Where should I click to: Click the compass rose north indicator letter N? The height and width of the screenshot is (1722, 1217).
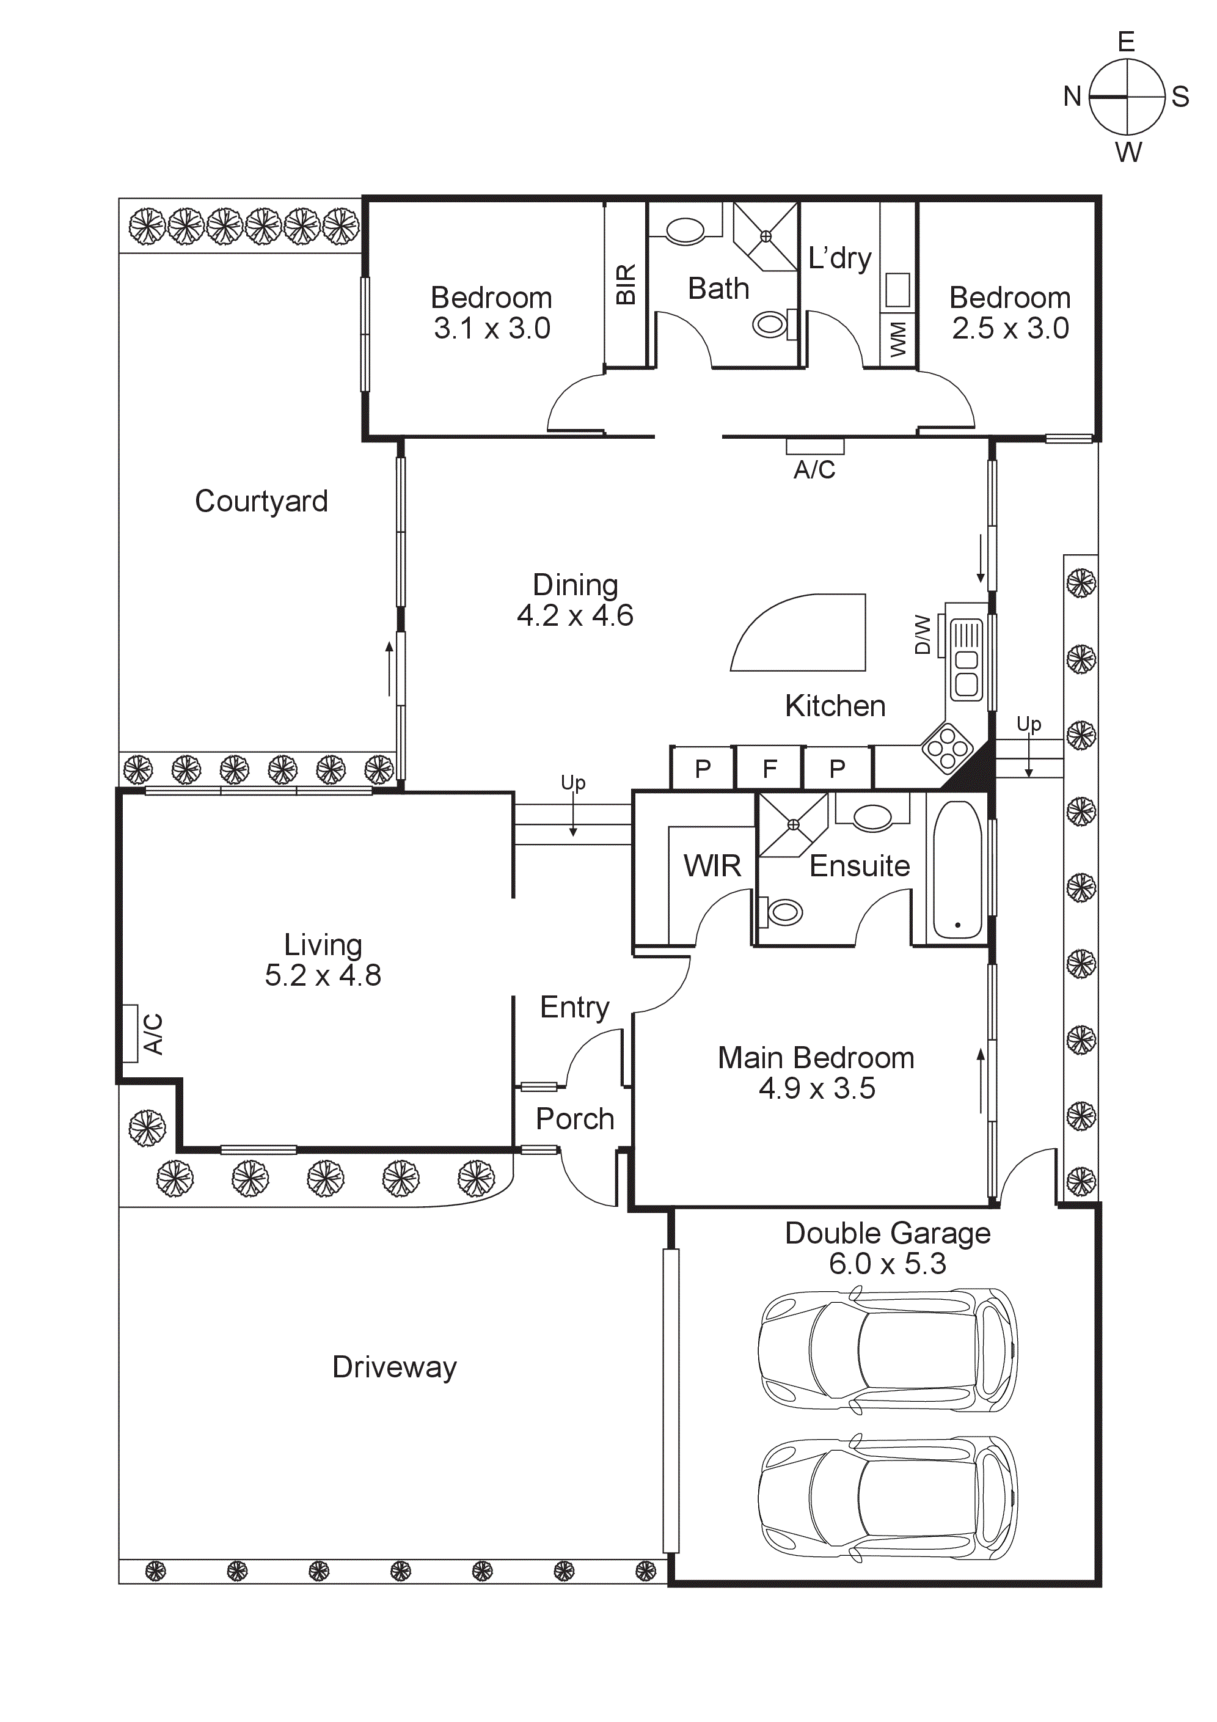pyautogui.click(x=1072, y=97)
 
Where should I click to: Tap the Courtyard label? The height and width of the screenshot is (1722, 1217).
pyautogui.click(x=261, y=501)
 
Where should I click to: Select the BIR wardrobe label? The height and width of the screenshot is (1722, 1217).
pyautogui.click(x=626, y=284)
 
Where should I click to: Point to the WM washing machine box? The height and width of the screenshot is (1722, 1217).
pyautogui.click(x=897, y=340)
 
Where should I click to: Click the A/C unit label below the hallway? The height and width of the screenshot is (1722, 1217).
pyautogui.click(x=814, y=469)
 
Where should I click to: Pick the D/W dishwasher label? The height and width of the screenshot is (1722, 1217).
pyautogui.click(x=923, y=634)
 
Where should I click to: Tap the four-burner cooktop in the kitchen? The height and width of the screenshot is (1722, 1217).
pyautogui.click(x=947, y=747)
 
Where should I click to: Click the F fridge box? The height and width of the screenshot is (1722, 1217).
pyautogui.click(x=769, y=769)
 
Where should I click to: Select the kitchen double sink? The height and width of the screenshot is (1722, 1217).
pyautogui.click(x=966, y=660)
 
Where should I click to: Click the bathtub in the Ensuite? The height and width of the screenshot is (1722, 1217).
pyautogui.click(x=957, y=870)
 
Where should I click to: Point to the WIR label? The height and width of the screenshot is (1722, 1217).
pyautogui.click(x=712, y=866)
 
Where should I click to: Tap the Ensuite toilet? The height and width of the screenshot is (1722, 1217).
pyautogui.click(x=781, y=912)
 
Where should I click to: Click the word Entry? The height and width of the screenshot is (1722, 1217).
pyautogui.click(x=574, y=1007)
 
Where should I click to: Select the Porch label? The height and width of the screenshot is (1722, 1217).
pyautogui.click(x=574, y=1119)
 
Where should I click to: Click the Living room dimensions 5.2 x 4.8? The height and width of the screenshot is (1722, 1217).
pyautogui.click(x=323, y=976)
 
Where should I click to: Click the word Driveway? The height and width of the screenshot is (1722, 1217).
pyautogui.click(x=395, y=1367)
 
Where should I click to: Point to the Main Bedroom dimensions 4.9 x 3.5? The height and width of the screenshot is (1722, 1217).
pyautogui.click(x=817, y=1088)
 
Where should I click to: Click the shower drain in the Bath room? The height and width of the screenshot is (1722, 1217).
pyautogui.click(x=766, y=236)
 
